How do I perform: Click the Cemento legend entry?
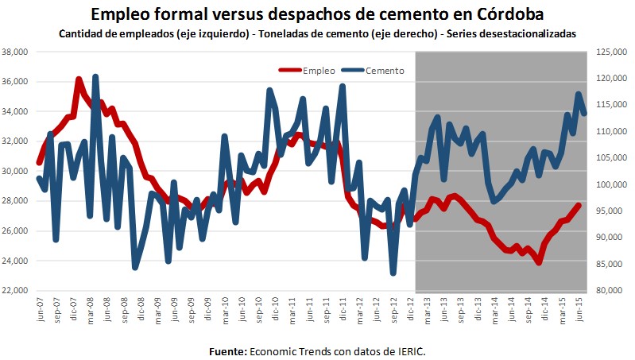tap(385, 71)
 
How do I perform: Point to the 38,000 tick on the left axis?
tap(17, 52)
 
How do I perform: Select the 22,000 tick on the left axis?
tap(17, 291)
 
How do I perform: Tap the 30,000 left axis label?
tap(17, 172)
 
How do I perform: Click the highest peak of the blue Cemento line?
tap(95, 76)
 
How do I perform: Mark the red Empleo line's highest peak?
tap(78, 79)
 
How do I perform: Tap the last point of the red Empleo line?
tap(579, 205)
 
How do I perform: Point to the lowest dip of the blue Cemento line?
tap(393, 274)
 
